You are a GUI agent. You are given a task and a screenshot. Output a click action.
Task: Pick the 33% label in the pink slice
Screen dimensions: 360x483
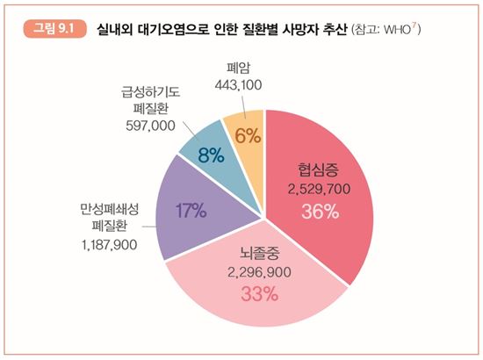tap(260, 293)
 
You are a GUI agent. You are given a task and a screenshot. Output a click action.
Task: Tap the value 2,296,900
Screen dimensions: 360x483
tap(260, 273)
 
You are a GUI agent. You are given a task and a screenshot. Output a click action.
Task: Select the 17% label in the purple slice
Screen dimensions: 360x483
tap(191, 211)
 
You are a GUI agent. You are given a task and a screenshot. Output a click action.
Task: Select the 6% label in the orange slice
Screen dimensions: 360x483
tap(246, 134)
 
